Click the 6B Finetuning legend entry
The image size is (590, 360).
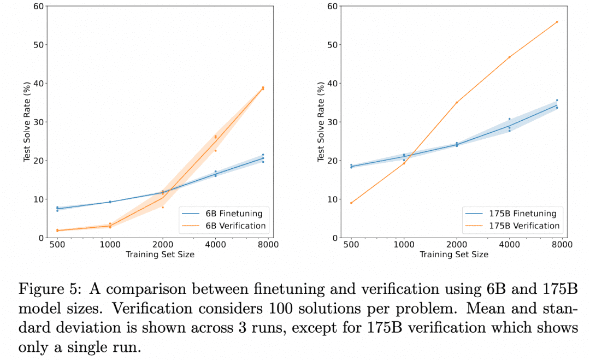tap(235, 214)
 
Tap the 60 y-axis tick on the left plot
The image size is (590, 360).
tap(38, 7)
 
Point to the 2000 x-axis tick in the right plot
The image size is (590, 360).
tap(456, 245)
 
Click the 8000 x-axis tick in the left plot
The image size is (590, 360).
tap(267, 245)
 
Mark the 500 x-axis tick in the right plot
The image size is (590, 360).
tap(351, 245)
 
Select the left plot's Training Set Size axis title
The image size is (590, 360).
tap(160, 255)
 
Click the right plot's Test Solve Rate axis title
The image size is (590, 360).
tap(321, 122)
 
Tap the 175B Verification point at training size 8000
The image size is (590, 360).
tap(557, 22)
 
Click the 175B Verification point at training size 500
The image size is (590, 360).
tap(351, 203)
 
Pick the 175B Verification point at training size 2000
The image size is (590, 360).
tap(457, 102)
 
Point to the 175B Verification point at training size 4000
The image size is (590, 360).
tap(509, 57)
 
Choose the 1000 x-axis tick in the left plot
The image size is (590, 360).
tap(109, 245)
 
